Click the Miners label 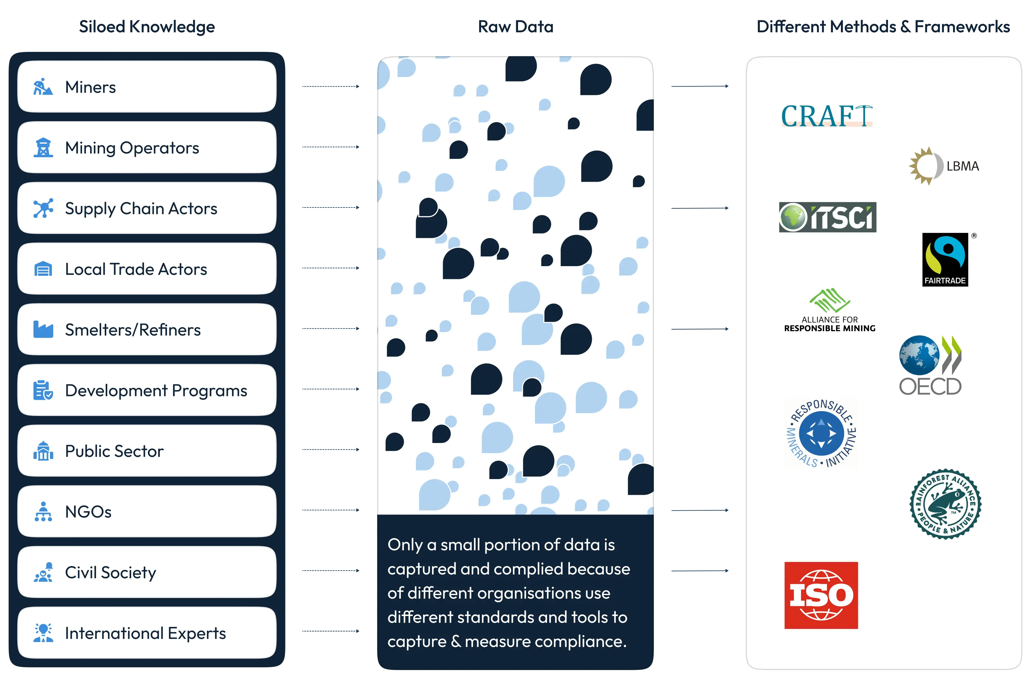click(x=90, y=87)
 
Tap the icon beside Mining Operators click(x=43, y=148)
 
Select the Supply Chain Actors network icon click(x=43, y=208)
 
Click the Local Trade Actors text click(x=136, y=269)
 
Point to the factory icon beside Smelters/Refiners click(x=43, y=330)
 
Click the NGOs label click(x=88, y=512)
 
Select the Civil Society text click(x=110, y=572)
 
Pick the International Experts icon click(x=43, y=633)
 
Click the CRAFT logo click(x=826, y=116)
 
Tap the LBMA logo click(x=943, y=166)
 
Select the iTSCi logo click(x=827, y=217)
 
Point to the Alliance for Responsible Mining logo click(x=829, y=310)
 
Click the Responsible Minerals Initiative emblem click(x=821, y=433)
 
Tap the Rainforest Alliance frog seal click(x=945, y=504)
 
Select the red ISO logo click(x=821, y=595)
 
